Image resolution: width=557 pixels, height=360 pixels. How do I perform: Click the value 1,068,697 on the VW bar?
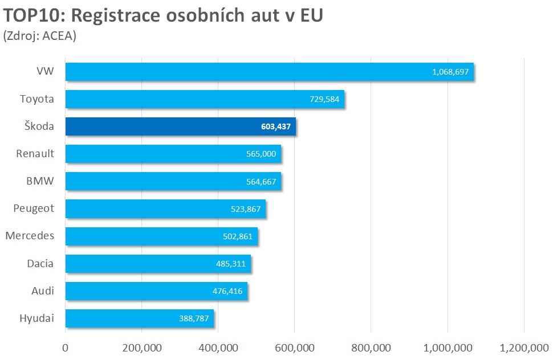tap(450, 72)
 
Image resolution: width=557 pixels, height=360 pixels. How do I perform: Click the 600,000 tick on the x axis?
tap(294, 348)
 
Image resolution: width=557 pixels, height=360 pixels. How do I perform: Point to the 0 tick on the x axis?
tap(66, 348)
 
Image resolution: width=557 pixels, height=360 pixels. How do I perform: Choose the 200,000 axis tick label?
tap(141, 348)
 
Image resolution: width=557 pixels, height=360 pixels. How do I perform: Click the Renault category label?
tap(35, 154)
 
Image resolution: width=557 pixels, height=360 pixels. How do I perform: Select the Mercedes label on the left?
tap(30, 236)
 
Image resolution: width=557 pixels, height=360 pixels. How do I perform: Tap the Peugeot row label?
tap(34, 208)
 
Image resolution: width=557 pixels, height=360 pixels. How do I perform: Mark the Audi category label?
tap(43, 291)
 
